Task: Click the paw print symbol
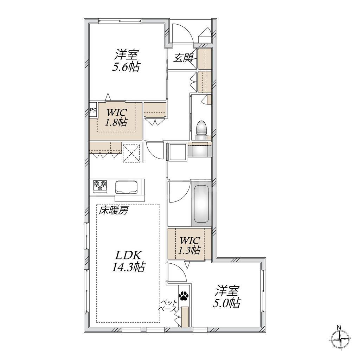(184, 296)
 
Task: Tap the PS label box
(93, 110)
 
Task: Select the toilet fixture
(201, 129)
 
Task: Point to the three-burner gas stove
(100, 186)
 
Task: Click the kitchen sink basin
(126, 187)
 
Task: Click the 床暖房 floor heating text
(113, 211)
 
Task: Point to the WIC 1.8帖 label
(116, 117)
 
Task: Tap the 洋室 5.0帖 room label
(227, 296)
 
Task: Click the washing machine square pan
(178, 152)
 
